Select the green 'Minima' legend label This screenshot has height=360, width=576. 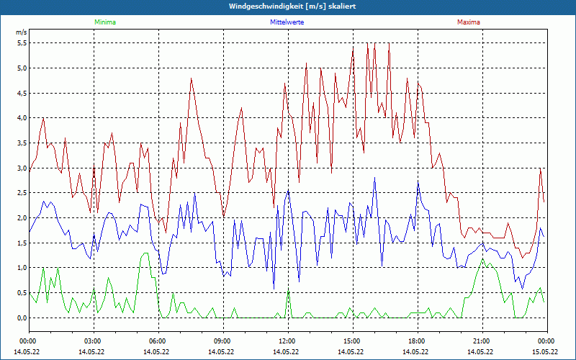(x=104, y=22)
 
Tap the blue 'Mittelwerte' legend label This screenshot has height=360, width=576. (x=287, y=22)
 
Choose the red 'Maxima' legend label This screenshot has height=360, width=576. (x=468, y=22)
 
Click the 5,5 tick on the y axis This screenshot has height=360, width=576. (x=22, y=43)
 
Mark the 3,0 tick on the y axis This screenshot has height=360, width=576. (x=22, y=168)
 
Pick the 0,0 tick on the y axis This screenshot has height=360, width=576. (x=22, y=318)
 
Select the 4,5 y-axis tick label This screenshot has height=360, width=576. (x=22, y=93)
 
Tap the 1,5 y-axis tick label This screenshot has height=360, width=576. (x=22, y=243)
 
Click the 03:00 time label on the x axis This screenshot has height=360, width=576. (x=93, y=341)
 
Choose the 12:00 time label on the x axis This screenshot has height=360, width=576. (x=287, y=341)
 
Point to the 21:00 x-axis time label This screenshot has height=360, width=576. (x=482, y=341)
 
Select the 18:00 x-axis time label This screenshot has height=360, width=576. (x=417, y=341)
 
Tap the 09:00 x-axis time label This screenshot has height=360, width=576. (x=222, y=341)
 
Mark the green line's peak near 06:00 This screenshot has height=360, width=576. (x=146, y=253)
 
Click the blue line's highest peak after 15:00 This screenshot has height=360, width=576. (x=374, y=178)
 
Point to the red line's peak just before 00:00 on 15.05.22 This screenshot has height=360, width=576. (x=540, y=168)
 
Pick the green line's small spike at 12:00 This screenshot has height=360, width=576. (x=288, y=292)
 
